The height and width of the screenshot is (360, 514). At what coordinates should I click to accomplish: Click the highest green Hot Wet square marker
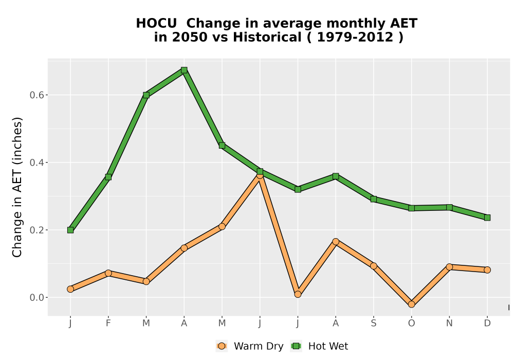184,70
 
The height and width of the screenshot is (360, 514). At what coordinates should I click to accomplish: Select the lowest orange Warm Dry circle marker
411,304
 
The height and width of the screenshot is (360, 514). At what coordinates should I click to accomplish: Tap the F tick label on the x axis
108,323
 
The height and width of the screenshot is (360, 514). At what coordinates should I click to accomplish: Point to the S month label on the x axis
373,323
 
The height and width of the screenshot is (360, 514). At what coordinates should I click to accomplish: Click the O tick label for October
411,323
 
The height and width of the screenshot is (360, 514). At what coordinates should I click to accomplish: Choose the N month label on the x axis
449,323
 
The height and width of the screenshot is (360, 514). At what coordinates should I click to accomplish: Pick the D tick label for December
487,323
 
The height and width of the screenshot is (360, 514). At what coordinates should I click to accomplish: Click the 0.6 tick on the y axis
36,95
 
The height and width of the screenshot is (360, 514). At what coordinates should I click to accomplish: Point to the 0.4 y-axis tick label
36,163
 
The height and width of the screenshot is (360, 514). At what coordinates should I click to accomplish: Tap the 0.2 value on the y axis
36,230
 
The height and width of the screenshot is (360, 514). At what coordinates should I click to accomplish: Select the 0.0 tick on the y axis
36,298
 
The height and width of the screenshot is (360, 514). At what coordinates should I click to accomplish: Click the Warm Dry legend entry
250,346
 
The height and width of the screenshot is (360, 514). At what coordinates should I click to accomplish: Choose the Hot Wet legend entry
320,346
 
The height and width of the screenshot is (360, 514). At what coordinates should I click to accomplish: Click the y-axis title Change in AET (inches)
17,187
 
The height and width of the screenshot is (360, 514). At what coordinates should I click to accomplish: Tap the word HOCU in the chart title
156,24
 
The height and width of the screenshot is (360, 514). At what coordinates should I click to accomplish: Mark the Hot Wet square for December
487,218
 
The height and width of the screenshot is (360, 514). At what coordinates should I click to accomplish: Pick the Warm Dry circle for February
108,273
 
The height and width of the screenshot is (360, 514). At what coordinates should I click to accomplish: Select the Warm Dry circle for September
373,266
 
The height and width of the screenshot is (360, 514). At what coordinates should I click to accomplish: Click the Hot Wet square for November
449,208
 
